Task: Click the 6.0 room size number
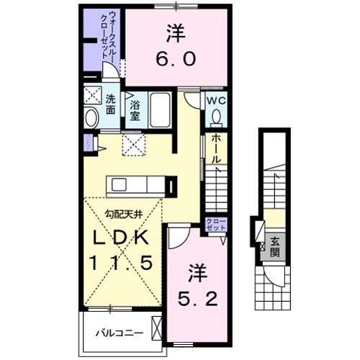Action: tap(176, 61)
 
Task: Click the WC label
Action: tap(215, 101)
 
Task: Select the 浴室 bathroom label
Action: tap(135, 112)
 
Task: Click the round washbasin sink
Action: tap(91, 117)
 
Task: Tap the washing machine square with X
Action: tap(91, 96)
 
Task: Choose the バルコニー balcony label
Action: tap(119, 333)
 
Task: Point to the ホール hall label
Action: tap(216, 148)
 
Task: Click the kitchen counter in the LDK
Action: tap(137, 186)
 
